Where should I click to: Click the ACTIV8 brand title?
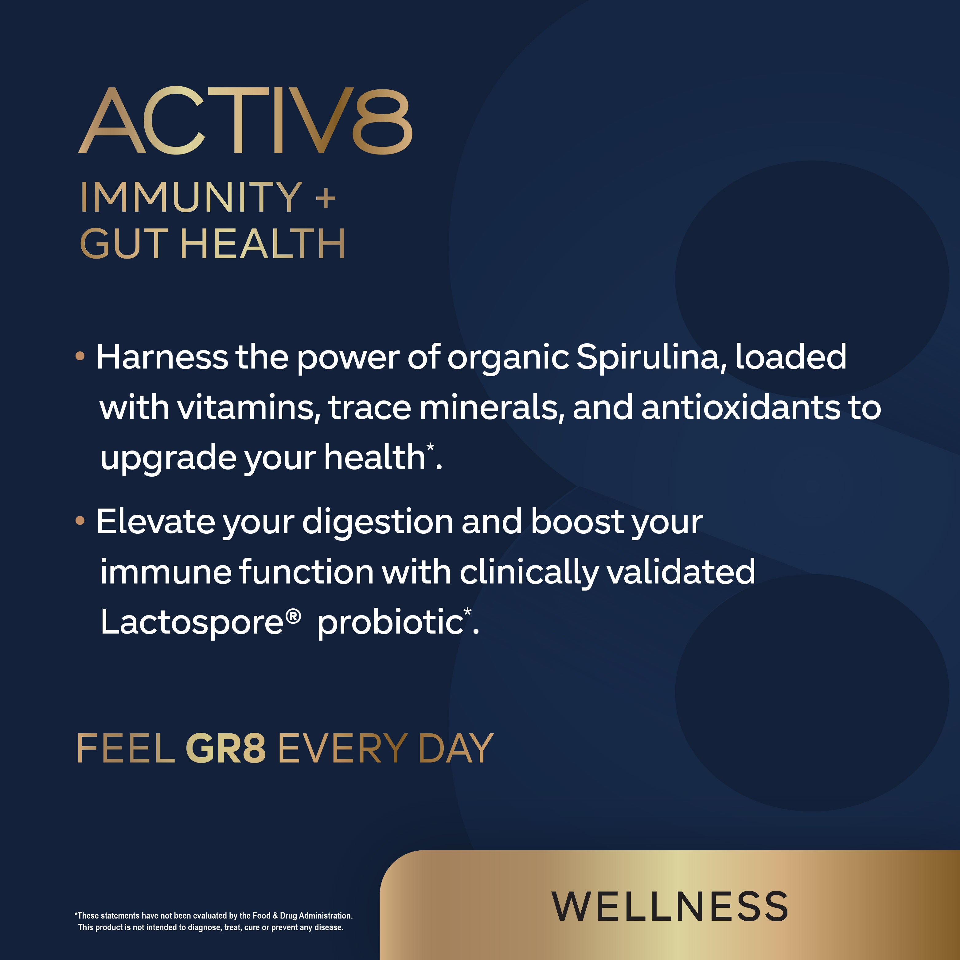coord(245,120)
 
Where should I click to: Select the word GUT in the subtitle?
coord(124,244)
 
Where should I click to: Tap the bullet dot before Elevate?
coord(80,521)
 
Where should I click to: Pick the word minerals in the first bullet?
coord(492,408)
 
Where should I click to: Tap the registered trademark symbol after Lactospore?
coord(293,617)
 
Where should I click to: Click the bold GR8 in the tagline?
coord(226,748)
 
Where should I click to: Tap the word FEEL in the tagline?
coord(126,748)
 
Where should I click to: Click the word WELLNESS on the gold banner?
coord(670,906)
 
